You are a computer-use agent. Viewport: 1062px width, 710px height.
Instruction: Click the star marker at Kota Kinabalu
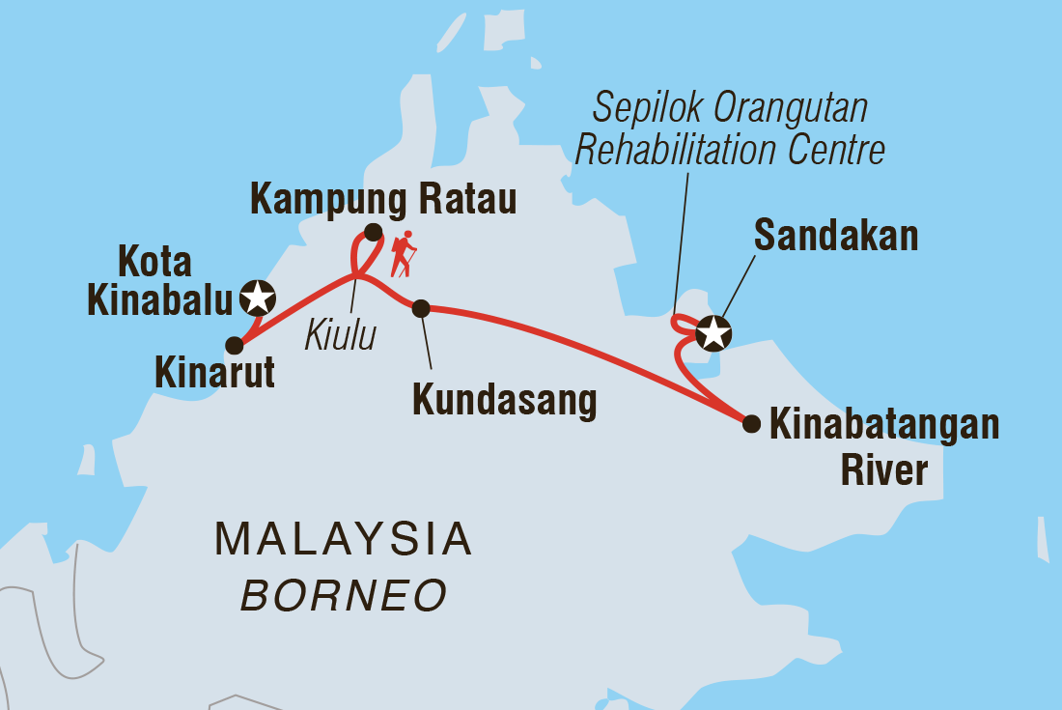tap(257, 298)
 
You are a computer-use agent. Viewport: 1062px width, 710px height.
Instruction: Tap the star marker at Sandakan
tap(713, 333)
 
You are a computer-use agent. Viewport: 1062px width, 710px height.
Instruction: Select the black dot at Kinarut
tap(234, 345)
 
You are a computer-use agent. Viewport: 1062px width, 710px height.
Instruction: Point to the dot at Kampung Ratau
tap(373, 232)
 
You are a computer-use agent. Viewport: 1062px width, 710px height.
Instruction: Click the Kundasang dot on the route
tap(421, 308)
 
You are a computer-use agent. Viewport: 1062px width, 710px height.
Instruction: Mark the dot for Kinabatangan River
tap(751, 423)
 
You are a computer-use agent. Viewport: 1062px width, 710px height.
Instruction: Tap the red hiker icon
tap(403, 254)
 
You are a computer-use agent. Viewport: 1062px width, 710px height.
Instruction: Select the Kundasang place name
tap(504, 400)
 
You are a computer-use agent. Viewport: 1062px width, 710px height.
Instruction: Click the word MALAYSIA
tap(343, 539)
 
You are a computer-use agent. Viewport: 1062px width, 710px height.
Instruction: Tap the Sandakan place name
tap(836, 235)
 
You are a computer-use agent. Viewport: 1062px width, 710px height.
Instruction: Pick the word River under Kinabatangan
tap(884, 470)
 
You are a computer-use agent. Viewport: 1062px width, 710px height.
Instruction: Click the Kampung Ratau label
tap(383, 199)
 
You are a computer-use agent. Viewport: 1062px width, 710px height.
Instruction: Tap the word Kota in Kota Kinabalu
tap(154, 262)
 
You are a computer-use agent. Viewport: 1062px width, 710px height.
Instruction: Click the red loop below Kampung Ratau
tap(361, 258)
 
